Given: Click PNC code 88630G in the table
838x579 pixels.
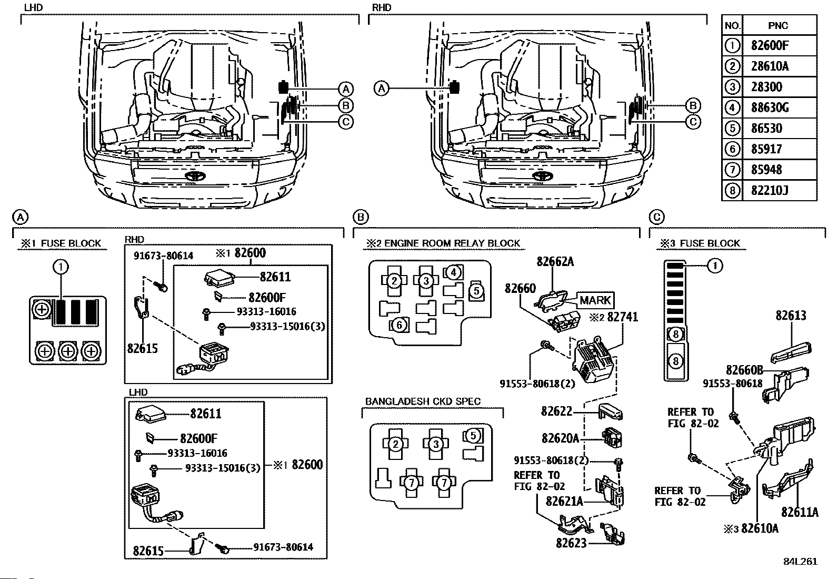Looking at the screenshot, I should pos(770,108).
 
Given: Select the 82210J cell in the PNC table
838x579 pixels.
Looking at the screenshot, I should pos(770,190).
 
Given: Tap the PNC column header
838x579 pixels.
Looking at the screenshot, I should pos(778,25).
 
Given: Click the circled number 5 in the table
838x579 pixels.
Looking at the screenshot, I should pos(732,129).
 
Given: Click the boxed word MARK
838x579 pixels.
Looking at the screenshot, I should pos(595,300).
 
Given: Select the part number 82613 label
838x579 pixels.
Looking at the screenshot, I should pos(791,316).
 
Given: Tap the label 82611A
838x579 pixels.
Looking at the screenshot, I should pos(800,512).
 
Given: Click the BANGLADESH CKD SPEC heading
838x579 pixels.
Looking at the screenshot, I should pos(423,401).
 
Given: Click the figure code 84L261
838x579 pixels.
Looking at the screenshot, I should pos(800,561).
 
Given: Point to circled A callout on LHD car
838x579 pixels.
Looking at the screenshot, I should pos(345,89).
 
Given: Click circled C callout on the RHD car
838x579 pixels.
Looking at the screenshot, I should pos(693,122).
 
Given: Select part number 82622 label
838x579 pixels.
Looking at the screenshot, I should pos(556,411).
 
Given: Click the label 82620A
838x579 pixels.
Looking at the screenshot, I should pos(560,438).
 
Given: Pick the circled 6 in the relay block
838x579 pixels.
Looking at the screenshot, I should pos(399,325).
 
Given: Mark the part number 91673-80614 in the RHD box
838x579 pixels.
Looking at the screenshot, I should pos(163,256).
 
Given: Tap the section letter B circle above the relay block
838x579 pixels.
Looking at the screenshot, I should pos(361,217).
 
